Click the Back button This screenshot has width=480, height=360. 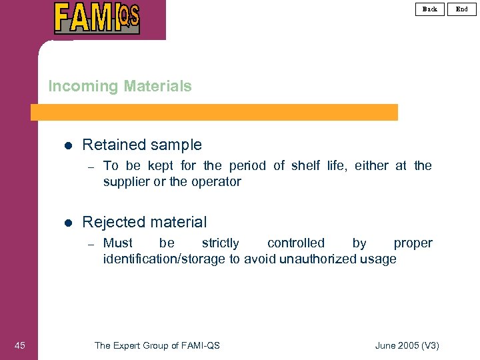click(x=430, y=9)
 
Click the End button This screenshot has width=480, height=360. click(x=462, y=9)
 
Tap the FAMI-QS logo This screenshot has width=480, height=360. click(x=97, y=18)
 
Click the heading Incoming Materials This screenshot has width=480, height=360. click(x=120, y=86)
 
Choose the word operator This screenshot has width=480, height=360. click(x=217, y=182)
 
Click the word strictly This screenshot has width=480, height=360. click(x=220, y=243)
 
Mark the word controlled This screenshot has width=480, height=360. click(x=296, y=243)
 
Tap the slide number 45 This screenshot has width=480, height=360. click(x=20, y=345)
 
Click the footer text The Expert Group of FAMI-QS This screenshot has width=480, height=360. click(x=157, y=345)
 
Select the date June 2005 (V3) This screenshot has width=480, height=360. click(x=407, y=345)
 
